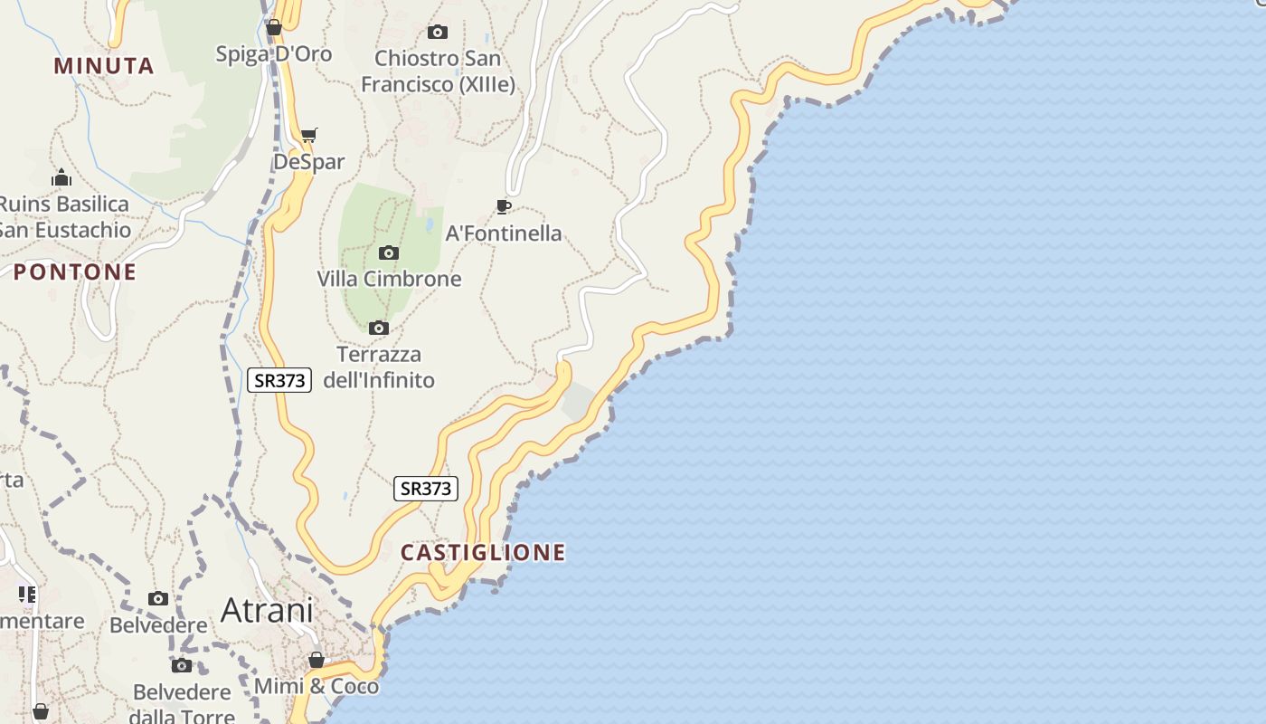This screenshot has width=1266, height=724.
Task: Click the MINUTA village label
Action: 104,65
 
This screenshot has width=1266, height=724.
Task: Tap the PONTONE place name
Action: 75,271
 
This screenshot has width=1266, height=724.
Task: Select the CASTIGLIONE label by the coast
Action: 483,552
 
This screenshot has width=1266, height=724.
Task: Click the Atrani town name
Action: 267,610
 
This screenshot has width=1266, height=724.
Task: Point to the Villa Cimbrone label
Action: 389,279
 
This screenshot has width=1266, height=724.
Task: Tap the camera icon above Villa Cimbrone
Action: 389,252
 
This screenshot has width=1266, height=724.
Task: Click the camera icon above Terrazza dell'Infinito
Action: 379,328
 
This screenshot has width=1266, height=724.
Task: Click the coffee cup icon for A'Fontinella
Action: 504,207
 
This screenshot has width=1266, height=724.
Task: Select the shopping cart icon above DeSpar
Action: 309,136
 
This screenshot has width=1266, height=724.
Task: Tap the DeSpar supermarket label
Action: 309,162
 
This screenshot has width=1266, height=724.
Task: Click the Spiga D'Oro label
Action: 274,54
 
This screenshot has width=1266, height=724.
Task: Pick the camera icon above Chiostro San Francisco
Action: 438,32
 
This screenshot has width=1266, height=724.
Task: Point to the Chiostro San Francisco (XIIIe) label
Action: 438,71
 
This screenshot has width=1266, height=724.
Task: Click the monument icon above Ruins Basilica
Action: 61,177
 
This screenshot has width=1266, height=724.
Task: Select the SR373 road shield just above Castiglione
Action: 426,489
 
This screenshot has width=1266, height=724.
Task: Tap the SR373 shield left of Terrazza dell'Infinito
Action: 279,380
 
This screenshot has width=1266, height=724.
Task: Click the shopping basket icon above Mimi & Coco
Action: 316,660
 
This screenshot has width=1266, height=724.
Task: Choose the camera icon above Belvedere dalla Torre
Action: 182,666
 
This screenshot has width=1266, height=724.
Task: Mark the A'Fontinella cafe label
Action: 504,233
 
